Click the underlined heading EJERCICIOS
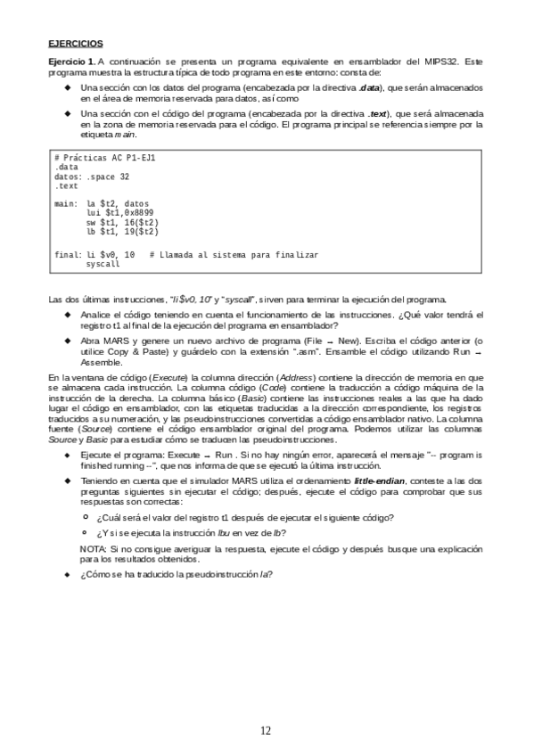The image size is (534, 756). (x=76, y=42)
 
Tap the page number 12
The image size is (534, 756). (x=266, y=730)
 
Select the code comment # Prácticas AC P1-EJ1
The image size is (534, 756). (x=104, y=157)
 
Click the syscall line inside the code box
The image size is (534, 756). (x=103, y=265)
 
